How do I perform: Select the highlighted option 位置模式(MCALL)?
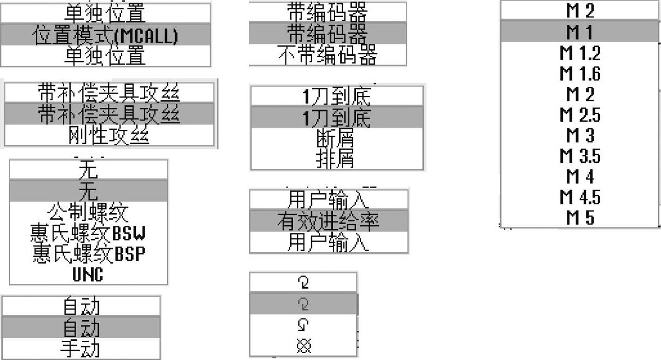(x=106, y=35)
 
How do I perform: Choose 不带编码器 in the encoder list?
(x=327, y=55)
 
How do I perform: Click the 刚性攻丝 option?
(x=109, y=135)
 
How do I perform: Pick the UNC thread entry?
(x=88, y=274)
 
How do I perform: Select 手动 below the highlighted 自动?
(x=81, y=349)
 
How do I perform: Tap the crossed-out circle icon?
(x=303, y=346)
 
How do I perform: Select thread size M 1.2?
(x=579, y=53)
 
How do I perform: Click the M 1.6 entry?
(x=579, y=73)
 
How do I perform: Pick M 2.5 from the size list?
(x=579, y=115)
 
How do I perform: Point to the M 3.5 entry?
(x=579, y=156)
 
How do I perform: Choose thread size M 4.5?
(x=579, y=197)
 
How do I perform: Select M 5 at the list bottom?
(x=579, y=218)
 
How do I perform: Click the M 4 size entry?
(x=579, y=177)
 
